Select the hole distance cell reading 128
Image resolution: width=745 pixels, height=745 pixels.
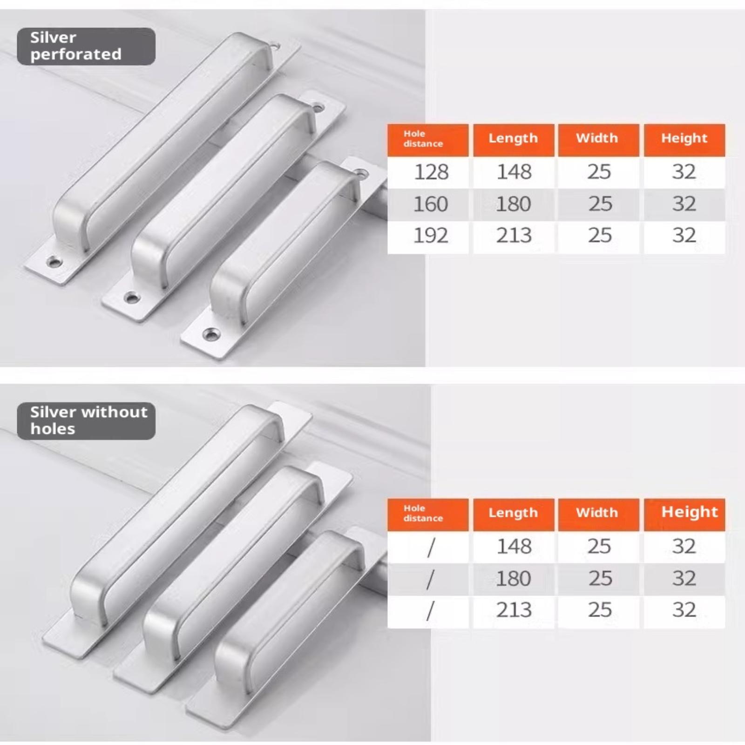431,172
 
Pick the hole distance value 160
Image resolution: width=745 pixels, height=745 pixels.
431,204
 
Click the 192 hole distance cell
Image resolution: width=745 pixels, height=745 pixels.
431,236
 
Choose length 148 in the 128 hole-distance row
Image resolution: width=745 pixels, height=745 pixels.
514,172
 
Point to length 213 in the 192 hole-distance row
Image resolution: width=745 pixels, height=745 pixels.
514,236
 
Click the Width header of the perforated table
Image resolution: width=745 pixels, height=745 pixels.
597,138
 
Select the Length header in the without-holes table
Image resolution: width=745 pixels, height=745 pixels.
513,513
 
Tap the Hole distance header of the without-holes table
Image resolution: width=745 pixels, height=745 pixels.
423,513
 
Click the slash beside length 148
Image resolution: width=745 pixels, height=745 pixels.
431,547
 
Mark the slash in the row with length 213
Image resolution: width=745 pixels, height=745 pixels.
431,610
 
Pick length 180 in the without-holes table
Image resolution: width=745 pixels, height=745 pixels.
513,579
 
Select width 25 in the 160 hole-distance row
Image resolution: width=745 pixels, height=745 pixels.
600,204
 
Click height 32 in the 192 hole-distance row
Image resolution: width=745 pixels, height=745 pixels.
684,236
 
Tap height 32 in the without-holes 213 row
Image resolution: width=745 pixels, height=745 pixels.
684,610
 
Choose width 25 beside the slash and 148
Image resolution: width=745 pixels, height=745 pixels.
599,547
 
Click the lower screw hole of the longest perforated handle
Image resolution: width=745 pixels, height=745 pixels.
54,262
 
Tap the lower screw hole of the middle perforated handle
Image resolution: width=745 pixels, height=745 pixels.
132,297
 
